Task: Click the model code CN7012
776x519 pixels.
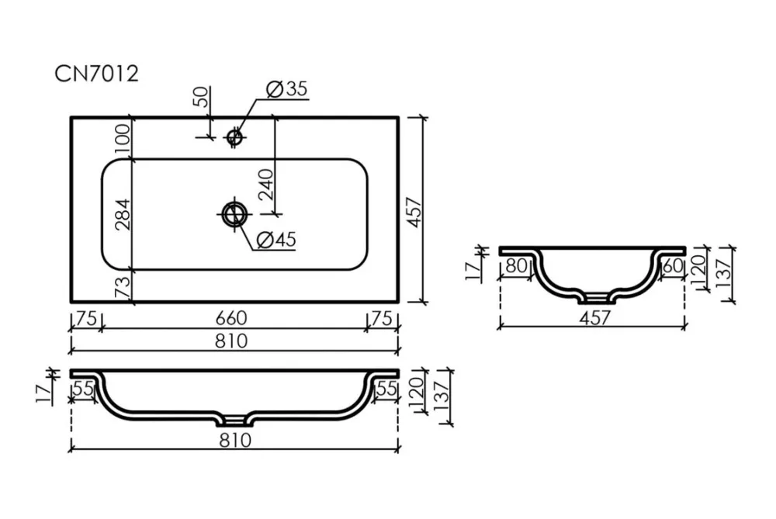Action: pyautogui.click(x=96, y=74)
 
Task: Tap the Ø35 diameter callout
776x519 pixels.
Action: pyautogui.click(x=286, y=89)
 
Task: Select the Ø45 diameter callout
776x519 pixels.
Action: pyautogui.click(x=277, y=240)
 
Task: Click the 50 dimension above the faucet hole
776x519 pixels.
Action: pyautogui.click(x=202, y=97)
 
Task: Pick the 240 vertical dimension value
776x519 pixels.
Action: pyautogui.click(x=265, y=184)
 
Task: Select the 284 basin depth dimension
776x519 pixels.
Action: pyautogui.click(x=123, y=214)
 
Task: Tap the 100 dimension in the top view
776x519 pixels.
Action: pyautogui.click(x=123, y=139)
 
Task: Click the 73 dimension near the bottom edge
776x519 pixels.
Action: pyautogui.click(x=123, y=287)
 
